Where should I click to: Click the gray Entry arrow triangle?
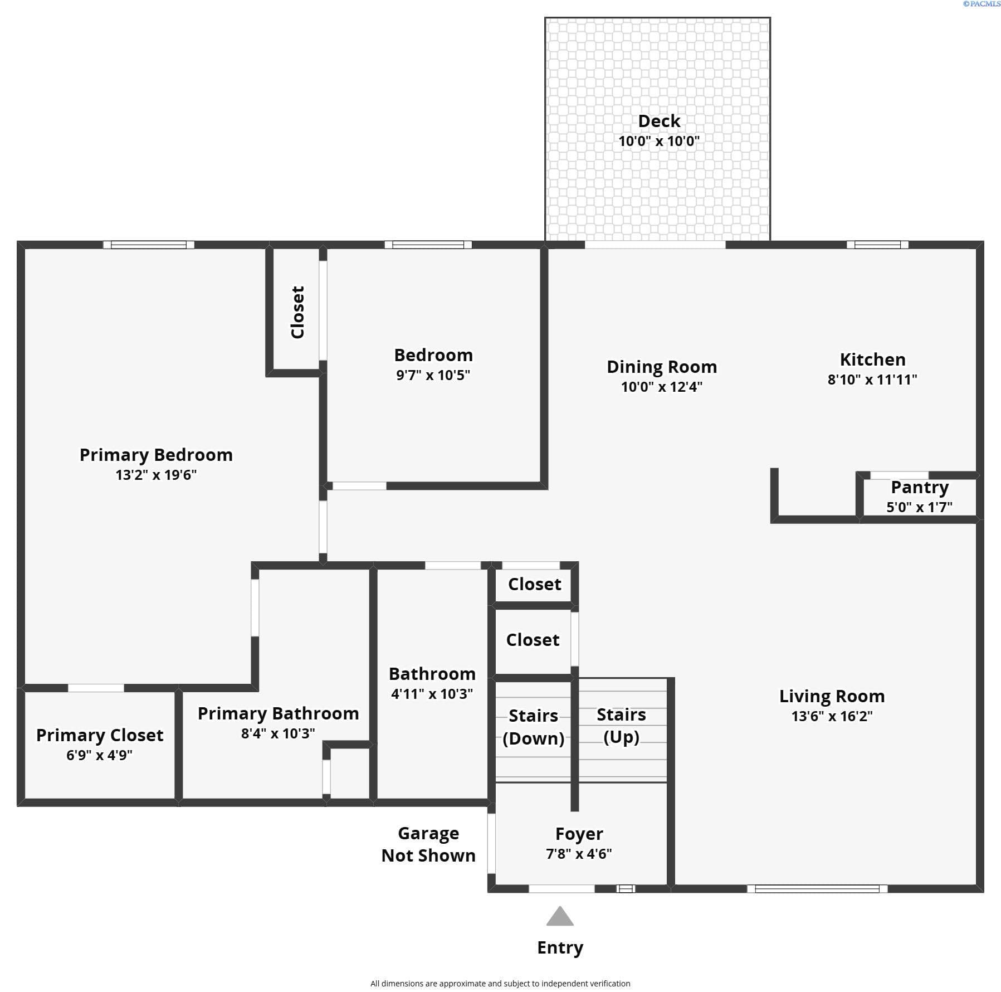560,916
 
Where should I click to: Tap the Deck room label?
659,121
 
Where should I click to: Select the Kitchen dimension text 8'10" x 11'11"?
872,380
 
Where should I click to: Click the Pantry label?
920,488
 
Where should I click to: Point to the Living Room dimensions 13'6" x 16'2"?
832,716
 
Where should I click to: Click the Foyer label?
579,834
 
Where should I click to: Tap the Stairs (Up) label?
621,726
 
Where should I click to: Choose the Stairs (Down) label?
533,727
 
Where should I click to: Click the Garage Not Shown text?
428,844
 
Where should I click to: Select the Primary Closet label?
100,735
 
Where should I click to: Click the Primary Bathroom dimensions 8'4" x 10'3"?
278,733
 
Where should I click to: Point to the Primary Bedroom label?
156,455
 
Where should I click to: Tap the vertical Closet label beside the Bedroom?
298,312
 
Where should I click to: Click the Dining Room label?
662,367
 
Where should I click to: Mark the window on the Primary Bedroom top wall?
149,245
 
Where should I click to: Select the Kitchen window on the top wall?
877,245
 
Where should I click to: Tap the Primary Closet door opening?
96,688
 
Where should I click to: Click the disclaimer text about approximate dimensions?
500,984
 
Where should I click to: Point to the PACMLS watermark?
982,4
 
